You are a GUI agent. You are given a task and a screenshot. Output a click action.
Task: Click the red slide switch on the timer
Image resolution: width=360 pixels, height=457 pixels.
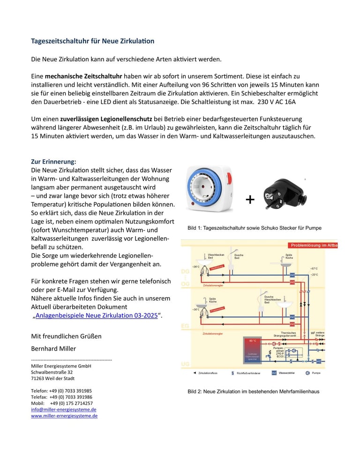coord(229,179)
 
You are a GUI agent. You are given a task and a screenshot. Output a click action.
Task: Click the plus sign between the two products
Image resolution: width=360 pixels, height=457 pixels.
coord(250,200)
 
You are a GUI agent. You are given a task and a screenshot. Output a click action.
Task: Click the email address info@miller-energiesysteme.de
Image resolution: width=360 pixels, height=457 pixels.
coord(64,409)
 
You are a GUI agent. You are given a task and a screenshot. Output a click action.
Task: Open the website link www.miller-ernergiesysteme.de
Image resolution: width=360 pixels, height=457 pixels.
coord(64,416)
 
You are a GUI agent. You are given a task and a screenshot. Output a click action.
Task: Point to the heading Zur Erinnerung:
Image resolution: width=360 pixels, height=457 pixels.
coord(53,161)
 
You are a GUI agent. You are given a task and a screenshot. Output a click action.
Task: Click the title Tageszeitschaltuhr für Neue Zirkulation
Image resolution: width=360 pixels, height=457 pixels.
coord(92,41)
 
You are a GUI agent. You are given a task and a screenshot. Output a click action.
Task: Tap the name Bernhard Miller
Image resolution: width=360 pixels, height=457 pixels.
coord(53,348)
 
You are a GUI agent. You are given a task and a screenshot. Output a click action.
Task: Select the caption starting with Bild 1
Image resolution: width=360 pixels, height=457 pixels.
coord(255,228)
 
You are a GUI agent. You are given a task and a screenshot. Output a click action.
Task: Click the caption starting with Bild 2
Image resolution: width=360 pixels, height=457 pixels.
coord(253,391)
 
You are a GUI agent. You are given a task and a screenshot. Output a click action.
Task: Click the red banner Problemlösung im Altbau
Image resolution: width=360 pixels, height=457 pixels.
coord(313,245)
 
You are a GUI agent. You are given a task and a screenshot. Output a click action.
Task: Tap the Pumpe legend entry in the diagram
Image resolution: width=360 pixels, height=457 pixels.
coord(313,373)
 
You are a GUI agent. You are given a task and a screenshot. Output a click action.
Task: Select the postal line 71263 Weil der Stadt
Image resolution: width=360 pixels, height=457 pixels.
coord(52,378)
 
